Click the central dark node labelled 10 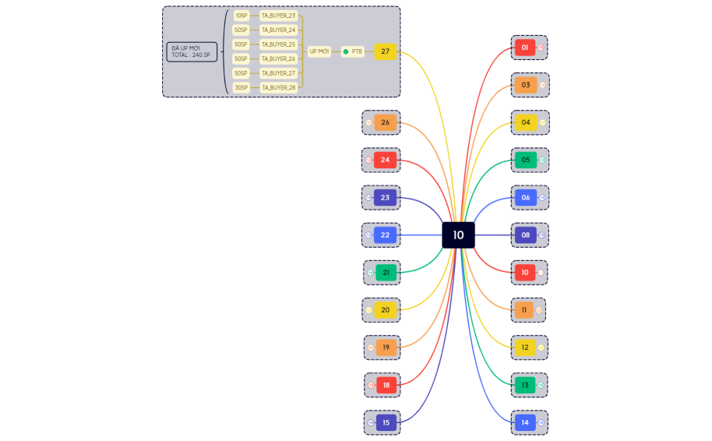[x=458, y=235]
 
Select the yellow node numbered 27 [x=386, y=51]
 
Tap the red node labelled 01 [x=525, y=48]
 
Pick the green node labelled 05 [x=526, y=160]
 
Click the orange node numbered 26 [x=386, y=122]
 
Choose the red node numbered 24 [x=386, y=160]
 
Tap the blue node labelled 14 [x=525, y=422]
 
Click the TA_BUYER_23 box [x=278, y=16]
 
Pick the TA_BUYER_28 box [x=278, y=87]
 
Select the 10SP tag [x=241, y=16]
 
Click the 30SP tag [x=241, y=87]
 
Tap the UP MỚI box [x=319, y=51]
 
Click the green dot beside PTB [x=346, y=51]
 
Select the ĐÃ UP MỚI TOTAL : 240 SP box [x=192, y=51]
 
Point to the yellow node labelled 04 [x=526, y=122]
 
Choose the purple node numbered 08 [x=526, y=235]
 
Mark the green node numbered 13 [x=525, y=385]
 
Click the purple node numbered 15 [x=386, y=422]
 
